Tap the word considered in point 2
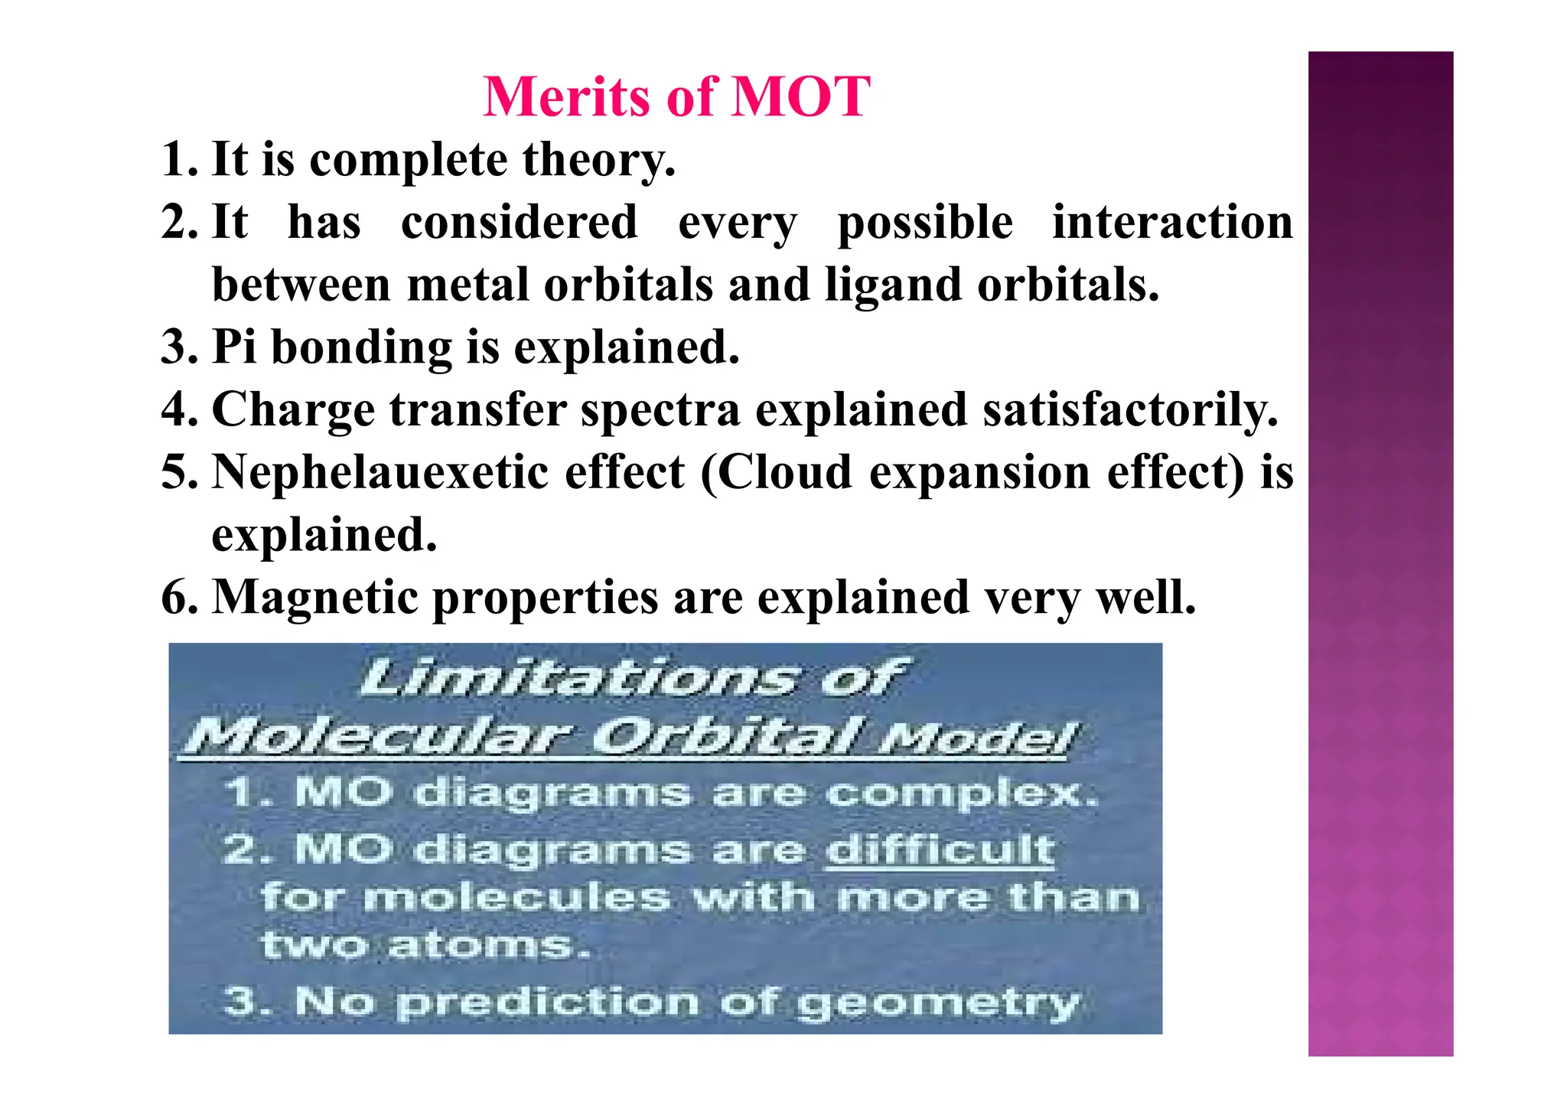click(519, 223)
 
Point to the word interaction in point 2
click(1171, 223)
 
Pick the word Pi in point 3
click(233, 347)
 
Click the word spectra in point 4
click(660, 409)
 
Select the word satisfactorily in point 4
click(1129, 409)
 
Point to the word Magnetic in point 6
click(314, 597)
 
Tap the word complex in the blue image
click(960, 793)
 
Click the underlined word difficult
click(940, 849)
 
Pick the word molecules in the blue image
click(516, 897)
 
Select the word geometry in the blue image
click(937, 1003)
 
